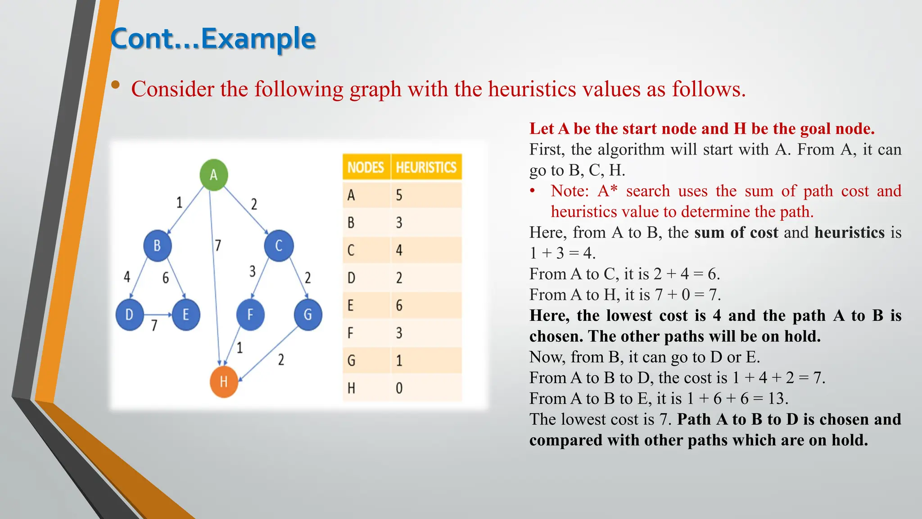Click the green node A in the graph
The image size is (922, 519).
tap(213, 175)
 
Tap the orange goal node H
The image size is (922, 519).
tap(224, 382)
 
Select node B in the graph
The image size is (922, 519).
tap(157, 246)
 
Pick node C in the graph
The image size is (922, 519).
tap(279, 246)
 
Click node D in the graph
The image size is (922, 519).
tap(130, 314)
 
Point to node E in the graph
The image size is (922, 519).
tap(185, 314)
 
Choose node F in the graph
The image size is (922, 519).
tap(250, 314)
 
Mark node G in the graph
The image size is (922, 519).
tap(308, 314)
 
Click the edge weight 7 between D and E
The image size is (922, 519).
tap(154, 325)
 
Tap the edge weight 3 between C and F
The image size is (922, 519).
tap(253, 271)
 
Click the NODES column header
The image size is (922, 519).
tap(366, 168)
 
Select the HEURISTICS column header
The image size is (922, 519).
tap(426, 168)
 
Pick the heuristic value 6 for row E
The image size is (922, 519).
tap(399, 305)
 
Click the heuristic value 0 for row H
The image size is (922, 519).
tap(399, 388)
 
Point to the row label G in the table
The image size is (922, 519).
tap(352, 360)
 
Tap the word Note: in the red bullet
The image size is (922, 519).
tap(569, 191)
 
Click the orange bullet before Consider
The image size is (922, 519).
tap(116, 85)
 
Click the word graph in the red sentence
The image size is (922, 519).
tap(375, 89)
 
